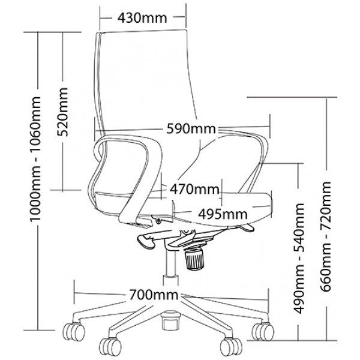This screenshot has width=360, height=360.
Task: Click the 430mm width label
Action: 142,18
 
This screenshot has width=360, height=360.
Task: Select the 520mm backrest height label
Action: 62,112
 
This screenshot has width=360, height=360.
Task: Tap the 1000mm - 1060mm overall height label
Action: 35,159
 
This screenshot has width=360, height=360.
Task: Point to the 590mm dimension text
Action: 191,128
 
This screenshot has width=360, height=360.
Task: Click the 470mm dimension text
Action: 194,190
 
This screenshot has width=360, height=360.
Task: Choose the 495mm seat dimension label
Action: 223,214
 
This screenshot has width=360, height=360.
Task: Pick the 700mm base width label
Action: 154,295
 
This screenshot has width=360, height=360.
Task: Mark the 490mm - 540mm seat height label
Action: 299,259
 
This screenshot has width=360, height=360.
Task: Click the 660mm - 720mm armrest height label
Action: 325,236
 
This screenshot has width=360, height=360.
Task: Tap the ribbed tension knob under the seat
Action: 194,259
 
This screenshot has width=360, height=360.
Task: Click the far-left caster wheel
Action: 74,332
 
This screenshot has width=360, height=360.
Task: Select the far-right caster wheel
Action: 263,332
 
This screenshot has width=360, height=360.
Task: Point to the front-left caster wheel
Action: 110,347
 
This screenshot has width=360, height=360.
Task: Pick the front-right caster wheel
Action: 231,346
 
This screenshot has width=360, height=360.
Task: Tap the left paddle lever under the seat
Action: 146,242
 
